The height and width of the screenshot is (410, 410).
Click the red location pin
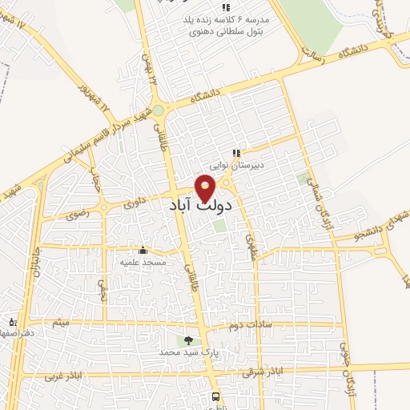(206, 187)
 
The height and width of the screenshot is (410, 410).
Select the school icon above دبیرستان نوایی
(236, 153)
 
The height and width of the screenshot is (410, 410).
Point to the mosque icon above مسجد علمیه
(143, 250)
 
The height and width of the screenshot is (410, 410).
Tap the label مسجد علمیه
(143, 262)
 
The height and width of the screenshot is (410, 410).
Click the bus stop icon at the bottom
(215, 396)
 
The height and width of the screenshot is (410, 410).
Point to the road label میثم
(60, 322)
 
